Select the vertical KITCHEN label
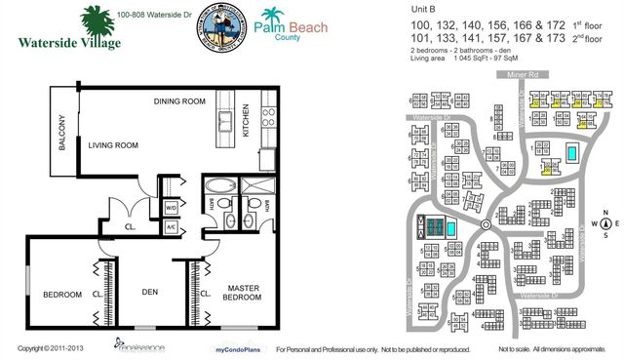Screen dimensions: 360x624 click(x=262, y=126)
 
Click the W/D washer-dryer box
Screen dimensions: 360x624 click(x=171, y=207)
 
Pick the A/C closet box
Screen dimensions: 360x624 click(x=171, y=225)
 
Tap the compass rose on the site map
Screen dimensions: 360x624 click(x=605, y=223)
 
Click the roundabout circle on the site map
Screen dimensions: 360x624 click(x=485, y=226)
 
